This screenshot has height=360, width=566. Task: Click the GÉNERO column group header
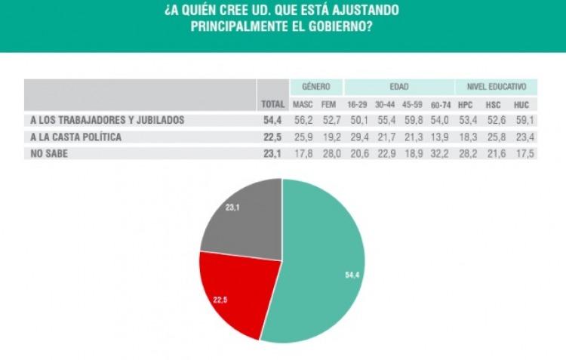click(x=316, y=87)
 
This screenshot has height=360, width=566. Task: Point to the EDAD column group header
click(x=399, y=87)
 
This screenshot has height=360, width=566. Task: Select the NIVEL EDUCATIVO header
click(x=496, y=87)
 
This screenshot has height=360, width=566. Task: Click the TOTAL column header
click(x=272, y=104)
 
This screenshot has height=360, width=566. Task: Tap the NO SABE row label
click(x=51, y=152)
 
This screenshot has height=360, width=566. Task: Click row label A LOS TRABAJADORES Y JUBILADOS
click(x=107, y=120)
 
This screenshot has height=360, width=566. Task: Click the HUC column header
click(x=521, y=104)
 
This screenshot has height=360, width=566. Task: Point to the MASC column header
click(x=302, y=104)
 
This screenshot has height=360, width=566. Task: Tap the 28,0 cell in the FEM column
click(x=329, y=152)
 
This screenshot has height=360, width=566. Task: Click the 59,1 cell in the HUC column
click(x=521, y=120)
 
